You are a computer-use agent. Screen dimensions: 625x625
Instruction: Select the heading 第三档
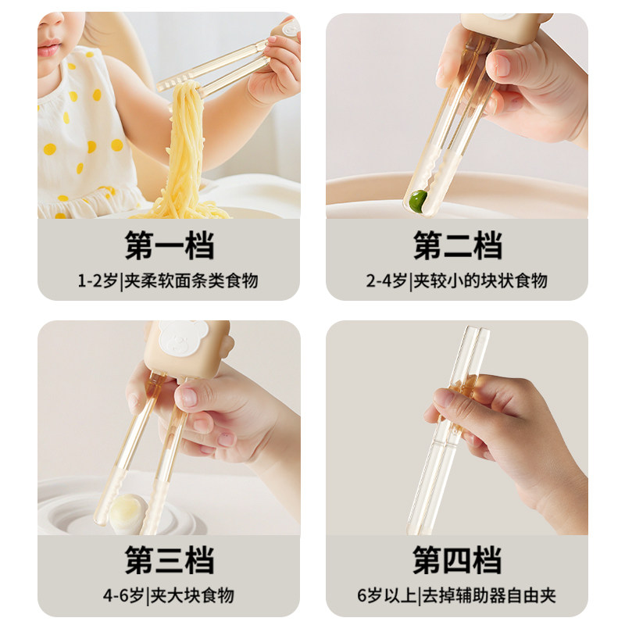coord(169,560)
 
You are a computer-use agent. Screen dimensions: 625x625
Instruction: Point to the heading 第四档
coord(457,560)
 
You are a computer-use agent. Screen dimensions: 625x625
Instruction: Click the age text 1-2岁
coord(98,280)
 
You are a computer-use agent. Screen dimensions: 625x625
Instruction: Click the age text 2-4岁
coord(387,280)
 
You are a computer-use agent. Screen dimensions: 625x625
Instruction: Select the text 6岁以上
coord(383,595)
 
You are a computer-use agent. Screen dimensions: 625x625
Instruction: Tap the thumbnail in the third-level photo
coord(188,396)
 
